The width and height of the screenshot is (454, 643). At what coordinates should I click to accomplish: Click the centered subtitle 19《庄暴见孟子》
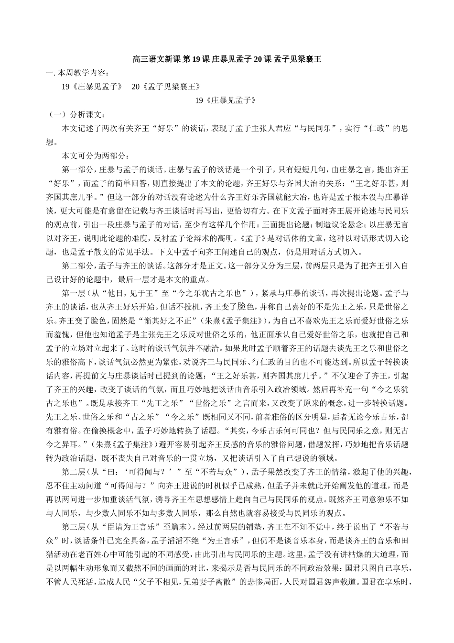tap(227, 100)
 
